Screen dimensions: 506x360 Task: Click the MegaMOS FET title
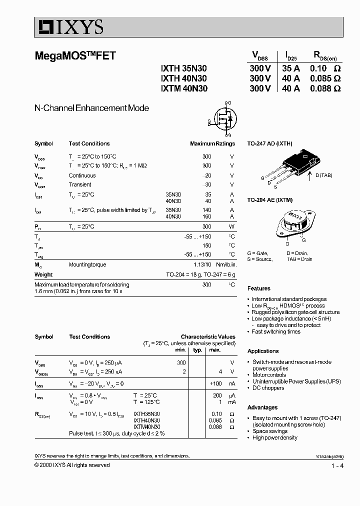[75, 56]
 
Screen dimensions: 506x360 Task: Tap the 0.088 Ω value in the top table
[325, 88]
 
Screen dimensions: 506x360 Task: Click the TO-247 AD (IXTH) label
[269, 143]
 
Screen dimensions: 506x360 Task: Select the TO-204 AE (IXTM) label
[269, 199]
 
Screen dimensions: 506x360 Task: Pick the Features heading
[258, 288]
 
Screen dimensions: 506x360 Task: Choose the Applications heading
[262, 351]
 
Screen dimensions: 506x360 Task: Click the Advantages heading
[262, 407]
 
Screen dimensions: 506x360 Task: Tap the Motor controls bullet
[269, 374]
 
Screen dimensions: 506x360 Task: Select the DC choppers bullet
[268, 387]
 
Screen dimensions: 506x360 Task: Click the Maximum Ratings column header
[212, 143]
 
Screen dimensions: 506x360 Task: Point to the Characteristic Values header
[207, 337]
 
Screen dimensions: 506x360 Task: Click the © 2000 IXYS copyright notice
[72, 465]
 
